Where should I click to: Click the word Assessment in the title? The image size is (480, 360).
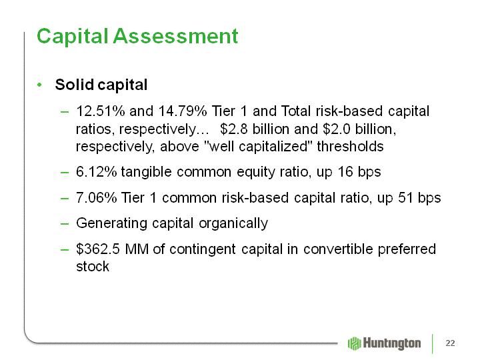tap(175, 37)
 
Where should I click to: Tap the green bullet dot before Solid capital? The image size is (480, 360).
tap(39, 85)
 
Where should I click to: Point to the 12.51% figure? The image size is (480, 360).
tap(101, 111)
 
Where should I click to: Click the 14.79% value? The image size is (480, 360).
tap(183, 111)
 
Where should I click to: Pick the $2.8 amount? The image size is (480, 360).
tap(234, 129)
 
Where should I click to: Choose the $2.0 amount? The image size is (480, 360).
tap(337, 129)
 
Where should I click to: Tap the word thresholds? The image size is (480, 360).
tap(350, 146)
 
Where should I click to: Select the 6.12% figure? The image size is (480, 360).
tap(97, 172)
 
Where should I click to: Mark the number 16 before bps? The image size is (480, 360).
tap(345, 172)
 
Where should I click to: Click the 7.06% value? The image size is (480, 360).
tap(97, 198)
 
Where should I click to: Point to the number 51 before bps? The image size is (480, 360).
tap(405, 198)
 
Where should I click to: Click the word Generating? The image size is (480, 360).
tap(112, 223)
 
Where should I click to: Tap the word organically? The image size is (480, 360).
tap(233, 223)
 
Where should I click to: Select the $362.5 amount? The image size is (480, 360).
tap(98, 249)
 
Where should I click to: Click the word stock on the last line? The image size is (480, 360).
tap(93, 267)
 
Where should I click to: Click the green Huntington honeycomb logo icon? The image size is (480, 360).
tap(355, 343)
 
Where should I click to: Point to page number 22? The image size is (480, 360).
tap(450, 343)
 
